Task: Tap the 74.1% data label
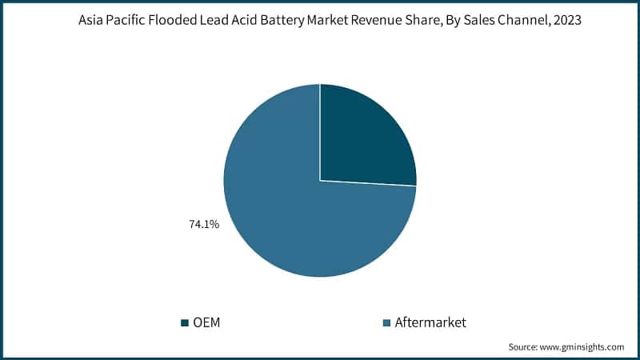click(204, 225)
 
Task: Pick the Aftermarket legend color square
click(387, 322)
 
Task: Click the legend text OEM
click(207, 322)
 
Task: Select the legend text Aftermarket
click(430, 322)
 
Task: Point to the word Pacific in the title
click(130, 22)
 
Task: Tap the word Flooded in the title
click(182, 22)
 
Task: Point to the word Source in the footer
click(525, 347)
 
